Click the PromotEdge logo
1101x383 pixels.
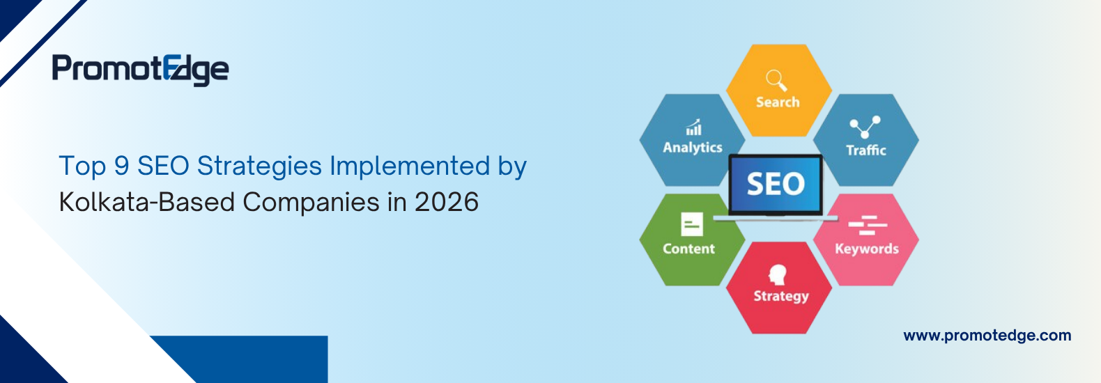(x=140, y=70)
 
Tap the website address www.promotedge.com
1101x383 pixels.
(x=987, y=336)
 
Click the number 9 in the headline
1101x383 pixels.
(x=121, y=166)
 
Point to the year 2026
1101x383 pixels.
(x=447, y=203)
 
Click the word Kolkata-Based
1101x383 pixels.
(x=146, y=203)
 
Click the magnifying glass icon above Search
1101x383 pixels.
(x=776, y=80)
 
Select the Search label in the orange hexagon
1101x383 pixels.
(x=778, y=102)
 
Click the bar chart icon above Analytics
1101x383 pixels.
(x=693, y=127)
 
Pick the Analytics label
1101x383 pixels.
(x=692, y=148)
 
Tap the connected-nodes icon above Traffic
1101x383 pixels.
(x=865, y=127)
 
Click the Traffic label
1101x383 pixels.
(x=865, y=150)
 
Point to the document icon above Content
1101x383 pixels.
(x=691, y=224)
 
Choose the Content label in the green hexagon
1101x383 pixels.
(x=688, y=249)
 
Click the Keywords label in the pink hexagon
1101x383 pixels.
(x=866, y=249)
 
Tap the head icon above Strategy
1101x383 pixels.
(x=777, y=274)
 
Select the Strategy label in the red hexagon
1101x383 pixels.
(x=780, y=296)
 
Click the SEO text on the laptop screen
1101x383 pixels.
(x=776, y=185)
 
